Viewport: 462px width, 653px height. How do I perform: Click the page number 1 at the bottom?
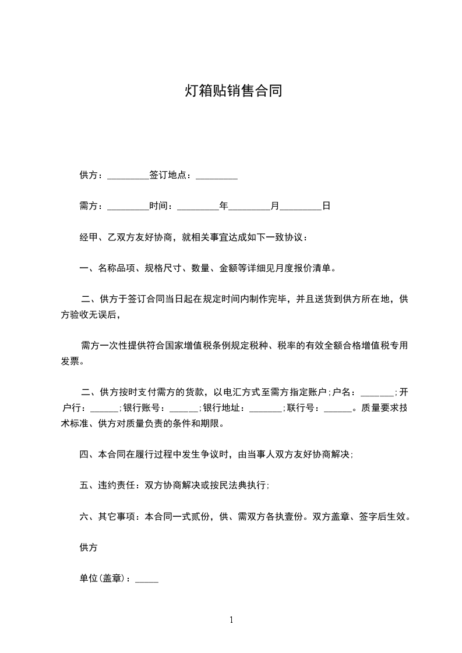pos(231,620)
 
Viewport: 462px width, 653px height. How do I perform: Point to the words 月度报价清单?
pos(307,268)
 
